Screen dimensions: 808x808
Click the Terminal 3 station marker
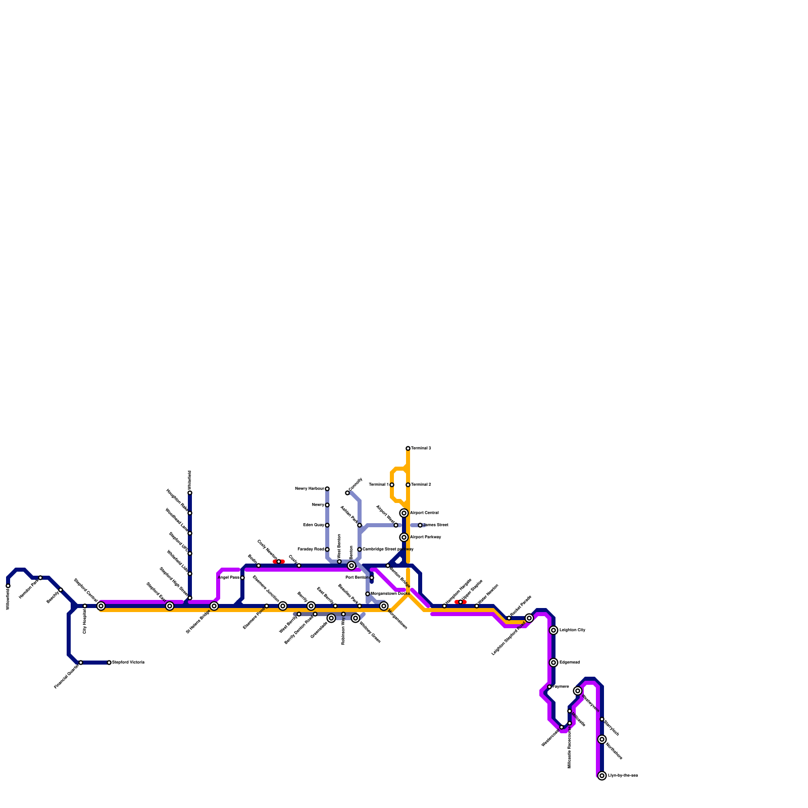point(408,448)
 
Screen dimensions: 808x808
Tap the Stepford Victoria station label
point(128,662)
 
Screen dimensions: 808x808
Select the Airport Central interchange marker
point(404,513)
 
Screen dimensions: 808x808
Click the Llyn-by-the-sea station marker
point(602,776)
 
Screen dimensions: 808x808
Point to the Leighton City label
point(572,630)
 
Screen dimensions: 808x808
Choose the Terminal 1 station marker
point(392,485)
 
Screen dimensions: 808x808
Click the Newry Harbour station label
point(309,489)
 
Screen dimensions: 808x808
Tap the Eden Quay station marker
point(327,525)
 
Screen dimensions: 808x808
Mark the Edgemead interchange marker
point(553,663)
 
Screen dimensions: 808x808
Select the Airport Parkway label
point(425,537)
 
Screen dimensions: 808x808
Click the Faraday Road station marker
point(327,549)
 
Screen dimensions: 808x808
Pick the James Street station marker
point(420,525)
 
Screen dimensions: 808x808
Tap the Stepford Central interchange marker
point(101,606)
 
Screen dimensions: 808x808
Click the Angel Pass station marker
point(242,578)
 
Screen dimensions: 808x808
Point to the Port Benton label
point(357,577)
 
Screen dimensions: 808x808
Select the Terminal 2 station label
point(421,485)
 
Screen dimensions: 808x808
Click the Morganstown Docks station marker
point(368,594)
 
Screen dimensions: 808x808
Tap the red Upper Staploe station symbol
point(461,602)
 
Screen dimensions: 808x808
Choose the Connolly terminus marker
point(347,493)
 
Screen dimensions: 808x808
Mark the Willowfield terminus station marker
point(8,586)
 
